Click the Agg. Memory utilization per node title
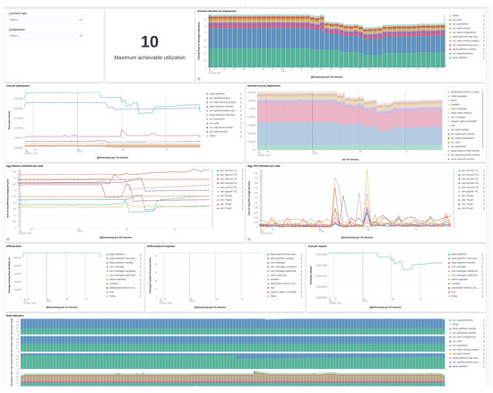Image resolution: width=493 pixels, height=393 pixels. pyautogui.click(x=34, y=163)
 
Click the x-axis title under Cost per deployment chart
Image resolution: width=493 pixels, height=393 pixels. pyautogui.click(x=90, y=156)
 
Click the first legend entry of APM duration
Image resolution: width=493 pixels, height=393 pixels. pyautogui.click(x=117, y=254)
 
